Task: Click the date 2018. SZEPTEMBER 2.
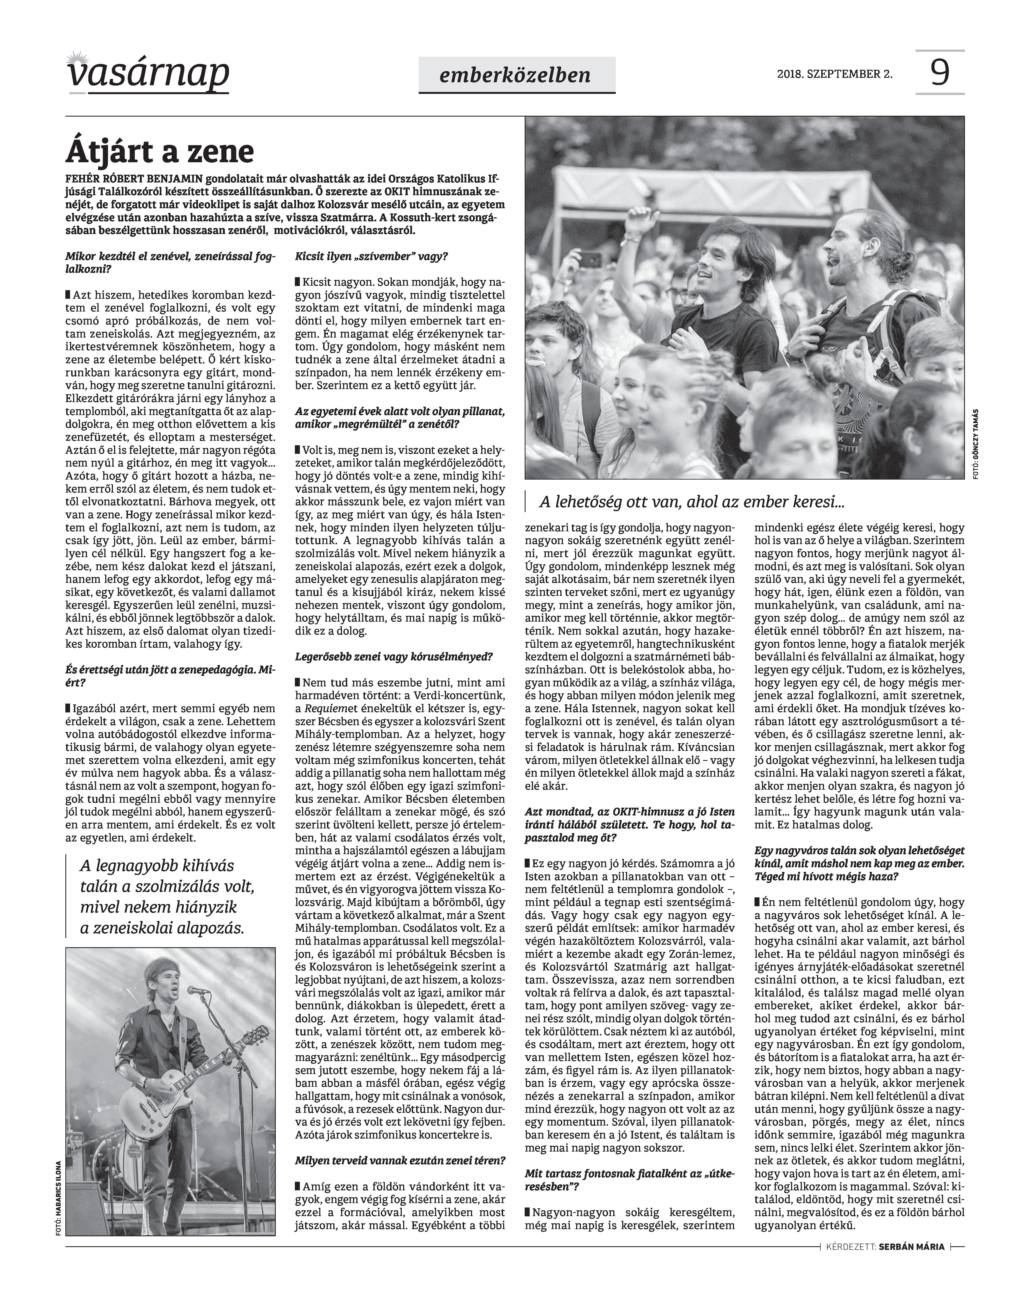835,75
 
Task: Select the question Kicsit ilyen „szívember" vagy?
372,256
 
